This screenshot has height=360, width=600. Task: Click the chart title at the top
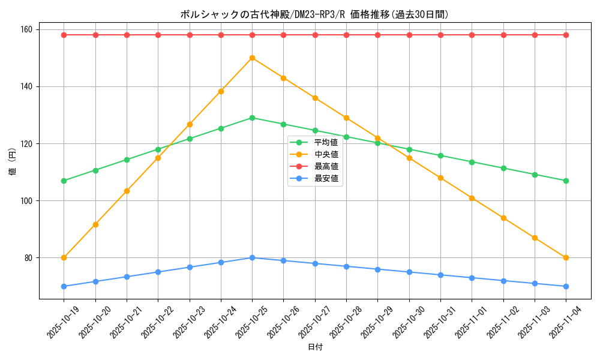314,14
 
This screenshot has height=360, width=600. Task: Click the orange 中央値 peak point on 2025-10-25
252,58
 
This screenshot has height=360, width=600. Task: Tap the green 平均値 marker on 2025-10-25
252,118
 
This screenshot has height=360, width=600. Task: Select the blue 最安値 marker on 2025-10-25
252,258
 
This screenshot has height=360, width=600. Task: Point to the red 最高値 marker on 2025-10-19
64,35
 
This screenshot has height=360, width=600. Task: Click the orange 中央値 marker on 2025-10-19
64,258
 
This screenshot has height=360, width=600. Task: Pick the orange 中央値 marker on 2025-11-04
566,258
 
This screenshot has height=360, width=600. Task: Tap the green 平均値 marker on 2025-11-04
566,181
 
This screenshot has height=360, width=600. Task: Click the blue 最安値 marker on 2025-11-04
566,286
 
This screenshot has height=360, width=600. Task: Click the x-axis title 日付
315,347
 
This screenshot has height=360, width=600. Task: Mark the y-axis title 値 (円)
13,162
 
